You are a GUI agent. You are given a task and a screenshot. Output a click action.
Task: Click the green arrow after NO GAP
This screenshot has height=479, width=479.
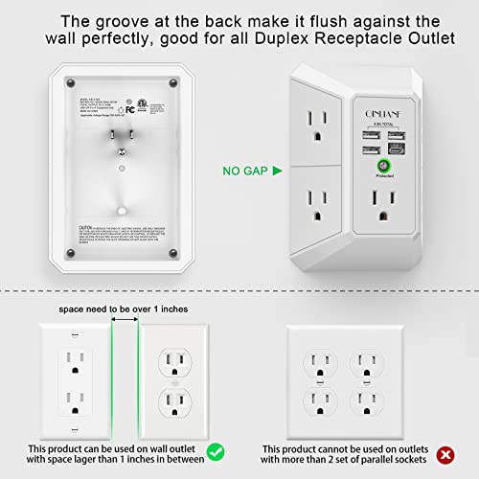tap(250, 171)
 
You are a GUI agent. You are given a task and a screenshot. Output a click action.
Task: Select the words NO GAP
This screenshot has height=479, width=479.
tap(218, 171)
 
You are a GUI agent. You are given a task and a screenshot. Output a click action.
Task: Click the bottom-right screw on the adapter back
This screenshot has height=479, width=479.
tap(172, 252)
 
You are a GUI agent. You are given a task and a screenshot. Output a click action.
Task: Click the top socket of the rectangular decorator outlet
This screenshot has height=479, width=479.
tap(74, 360)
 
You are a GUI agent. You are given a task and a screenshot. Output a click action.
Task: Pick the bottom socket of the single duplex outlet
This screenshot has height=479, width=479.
tap(176, 398)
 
